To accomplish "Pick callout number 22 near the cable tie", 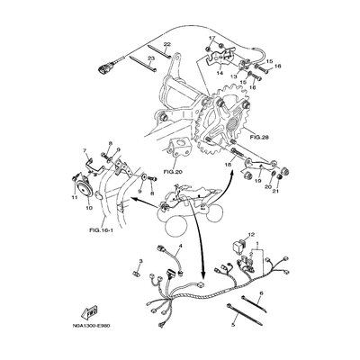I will [167, 44].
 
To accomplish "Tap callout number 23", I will [150, 58].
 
